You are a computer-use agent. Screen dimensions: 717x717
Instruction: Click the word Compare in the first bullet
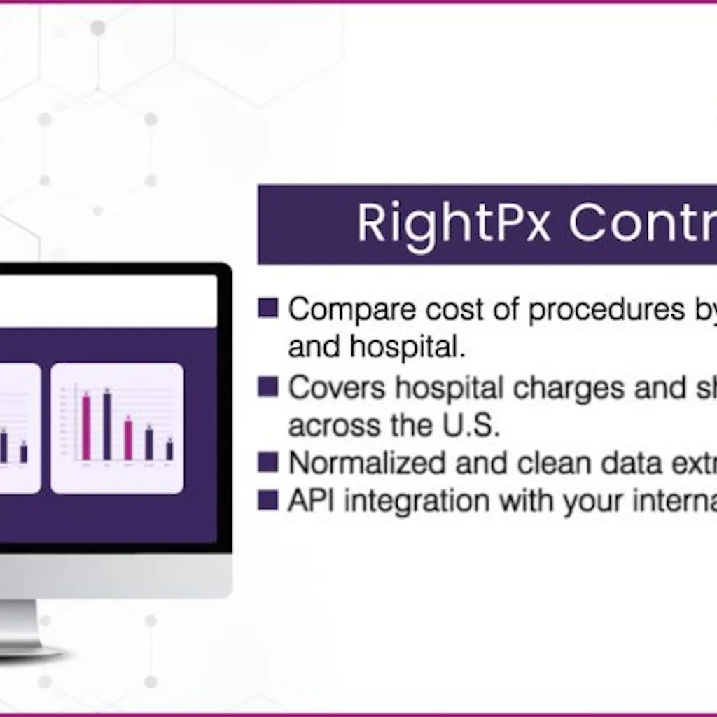(x=343, y=309)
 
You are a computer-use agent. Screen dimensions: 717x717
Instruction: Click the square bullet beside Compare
(x=268, y=308)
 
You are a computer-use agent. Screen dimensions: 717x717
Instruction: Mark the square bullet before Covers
(x=268, y=387)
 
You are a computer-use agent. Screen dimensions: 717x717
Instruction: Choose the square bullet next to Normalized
(x=268, y=462)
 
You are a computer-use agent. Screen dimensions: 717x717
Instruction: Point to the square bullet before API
(x=268, y=500)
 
